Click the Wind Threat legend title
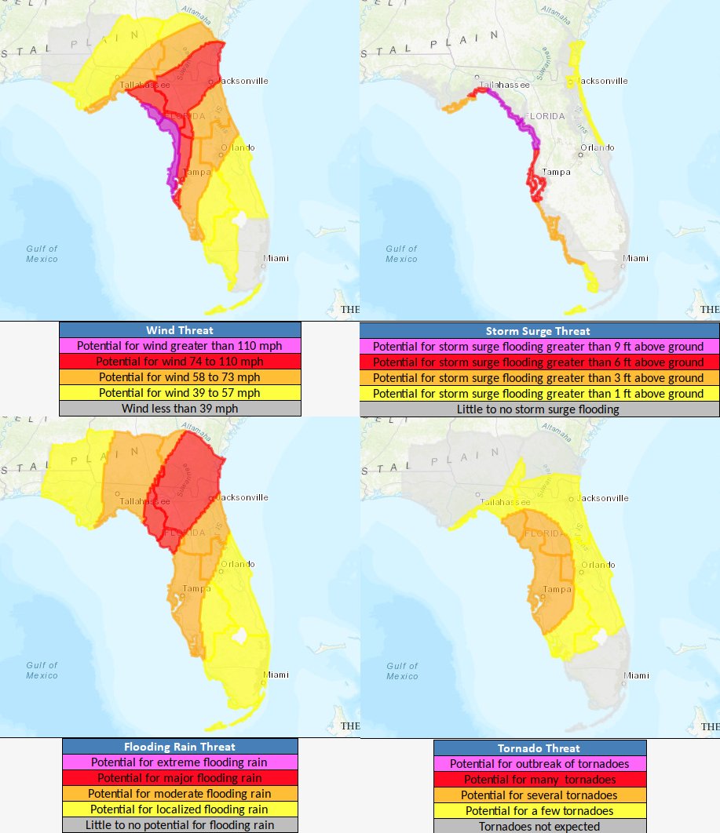tap(180, 330)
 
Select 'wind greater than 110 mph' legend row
tap(180, 346)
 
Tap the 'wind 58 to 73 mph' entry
tap(180, 377)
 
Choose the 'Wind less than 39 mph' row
tap(180, 409)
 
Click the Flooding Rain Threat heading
tap(180, 747)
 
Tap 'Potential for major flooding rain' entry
tap(180, 778)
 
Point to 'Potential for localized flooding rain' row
tap(180, 809)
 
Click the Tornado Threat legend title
tap(539, 748)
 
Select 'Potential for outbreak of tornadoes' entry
tap(539, 764)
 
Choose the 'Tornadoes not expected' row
tap(539, 826)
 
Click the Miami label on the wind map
tap(276, 258)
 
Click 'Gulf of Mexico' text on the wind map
tap(42, 253)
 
